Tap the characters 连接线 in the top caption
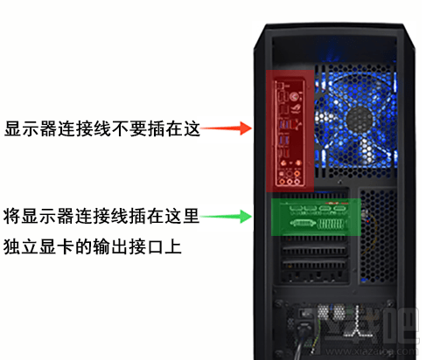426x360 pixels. pos(88,129)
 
